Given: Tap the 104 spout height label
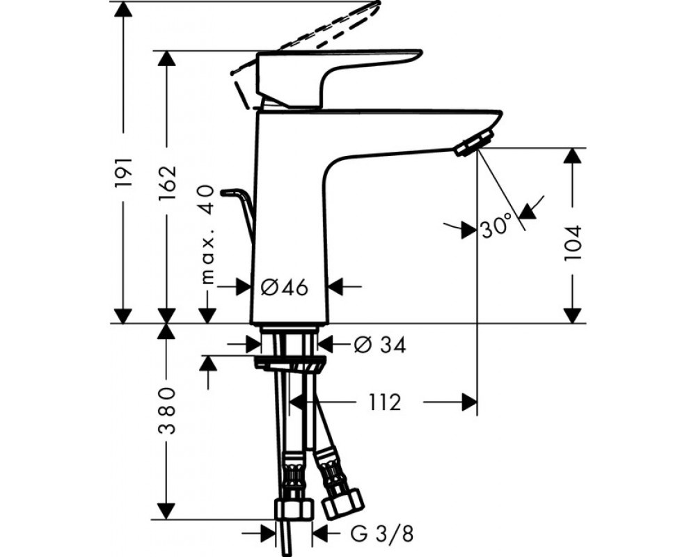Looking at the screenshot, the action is coord(573,243).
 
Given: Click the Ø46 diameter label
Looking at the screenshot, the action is coord(284,288).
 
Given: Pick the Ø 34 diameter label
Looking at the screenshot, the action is coord(380,345).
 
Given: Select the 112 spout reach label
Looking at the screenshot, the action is coord(385,403).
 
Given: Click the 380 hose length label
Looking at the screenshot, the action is coord(168,410).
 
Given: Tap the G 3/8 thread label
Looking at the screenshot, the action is coord(381,534).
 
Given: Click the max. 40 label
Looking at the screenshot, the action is coord(207,235).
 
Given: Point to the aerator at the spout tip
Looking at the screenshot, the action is coord(473,143).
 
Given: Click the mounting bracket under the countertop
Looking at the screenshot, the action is coord(290,363).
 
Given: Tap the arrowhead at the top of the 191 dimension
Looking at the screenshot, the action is coord(123,9).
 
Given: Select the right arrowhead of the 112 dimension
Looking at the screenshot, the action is coord(470,402).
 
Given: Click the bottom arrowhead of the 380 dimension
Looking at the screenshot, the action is coord(166,511).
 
